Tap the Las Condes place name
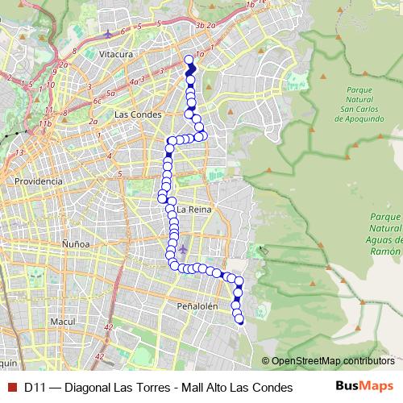[x=133, y=114]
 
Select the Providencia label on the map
[x=38, y=181]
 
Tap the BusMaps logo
[x=364, y=387]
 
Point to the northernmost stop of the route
[x=189, y=60]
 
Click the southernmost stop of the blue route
[x=239, y=321]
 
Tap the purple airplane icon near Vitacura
[x=110, y=34]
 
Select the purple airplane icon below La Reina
[x=183, y=247]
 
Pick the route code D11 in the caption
[x=33, y=387]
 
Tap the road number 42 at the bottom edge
[x=100, y=355]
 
